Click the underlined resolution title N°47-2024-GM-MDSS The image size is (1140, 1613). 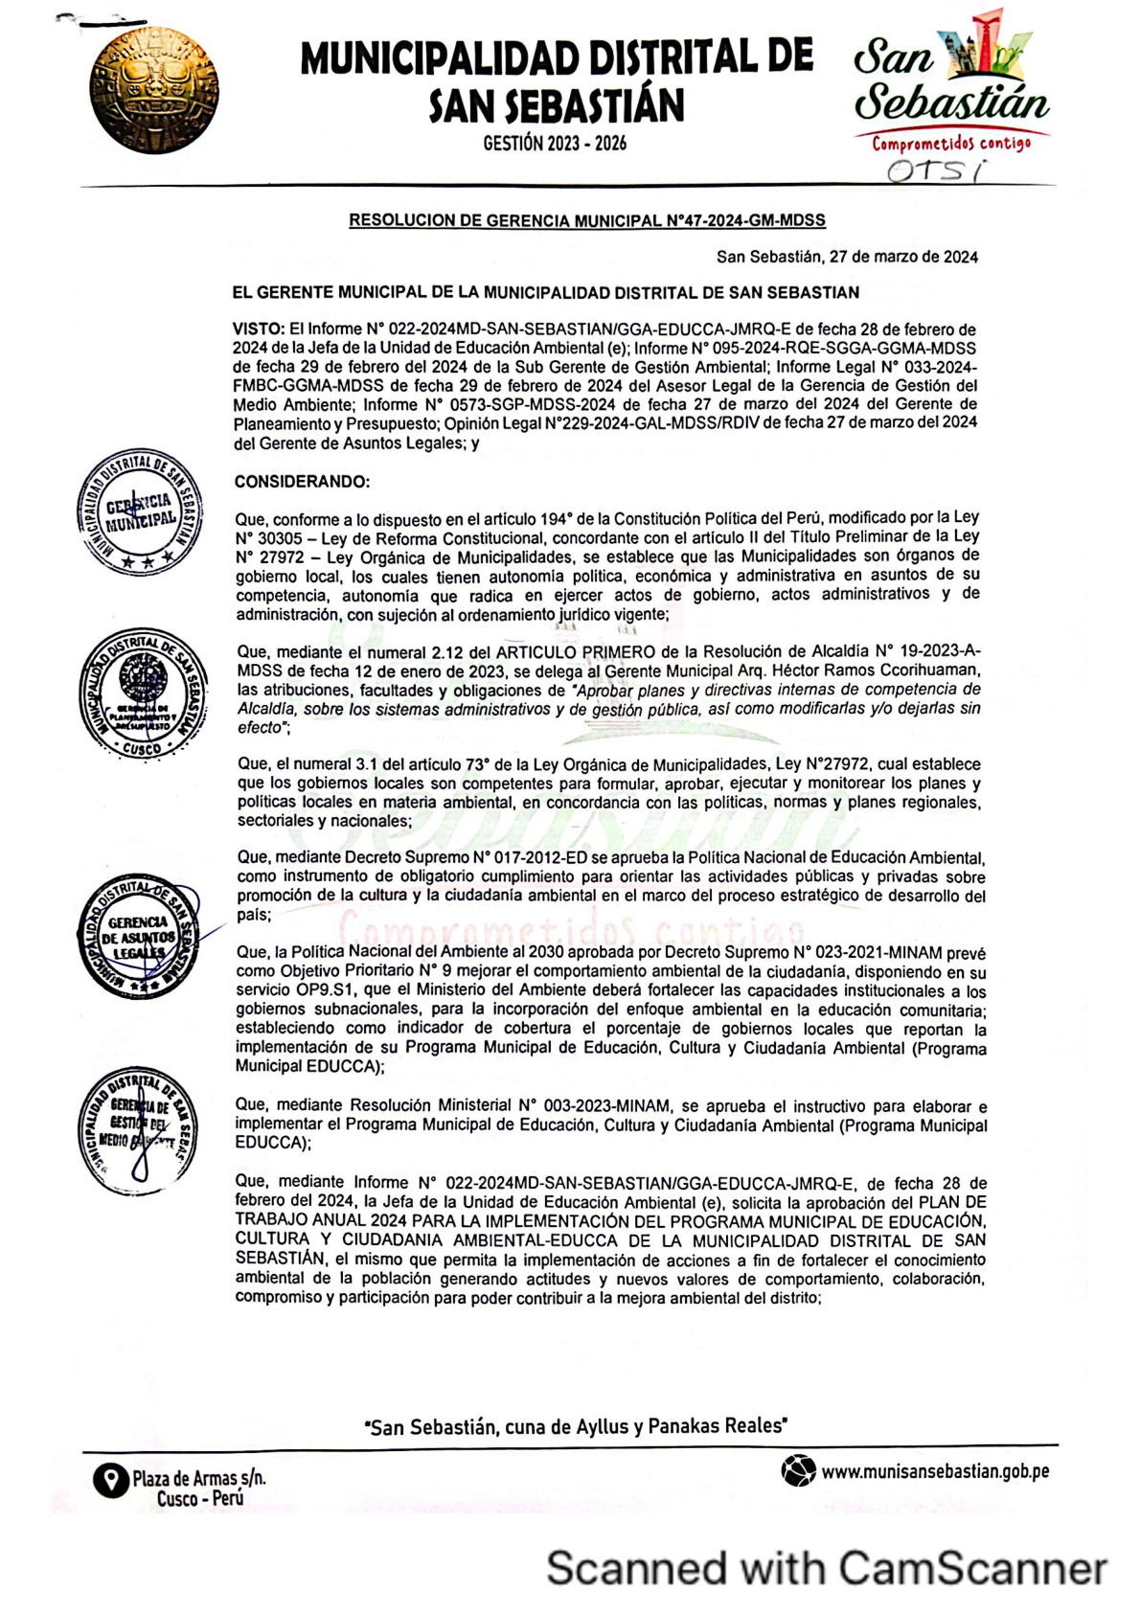pyautogui.click(x=586, y=220)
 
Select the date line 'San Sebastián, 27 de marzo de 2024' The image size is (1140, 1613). pyautogui.click(x=847, y=257)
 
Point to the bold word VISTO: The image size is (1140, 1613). pyautogui.click(x=259, y=329)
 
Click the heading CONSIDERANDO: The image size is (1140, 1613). pyautogui.click(x=302, y=482)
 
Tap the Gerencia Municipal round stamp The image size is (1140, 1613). pyautogui.click(x=140, y=511)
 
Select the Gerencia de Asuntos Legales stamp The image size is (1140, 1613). pyautogui.click(x=140, y=937)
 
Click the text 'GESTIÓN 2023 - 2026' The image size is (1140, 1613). pyautogui.click(x=555, y=144)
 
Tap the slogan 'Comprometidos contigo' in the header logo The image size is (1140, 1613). pyautogui.click(x=950, y=144)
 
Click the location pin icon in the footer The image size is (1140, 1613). pyautogui.click(x=110, y=1481)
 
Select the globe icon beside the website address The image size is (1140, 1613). pyautogui.click(x=797, y=1470)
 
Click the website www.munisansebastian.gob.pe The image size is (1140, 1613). pyautogui.click(x=935, y=1471)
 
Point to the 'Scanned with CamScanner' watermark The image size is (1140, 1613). pyautogui.click(x=826, y=1569)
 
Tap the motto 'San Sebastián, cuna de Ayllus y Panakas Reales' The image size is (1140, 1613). pyautogui.click(x=576, y=1427)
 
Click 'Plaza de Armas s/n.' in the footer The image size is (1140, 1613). pyautogui.click(x=199, y=1478)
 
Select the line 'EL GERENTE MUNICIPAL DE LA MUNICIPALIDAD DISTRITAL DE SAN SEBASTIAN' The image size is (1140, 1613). pyautogui.click(x=546, y=293)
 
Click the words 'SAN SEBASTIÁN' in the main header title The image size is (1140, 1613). pyautogui.click(x=556, y=106)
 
